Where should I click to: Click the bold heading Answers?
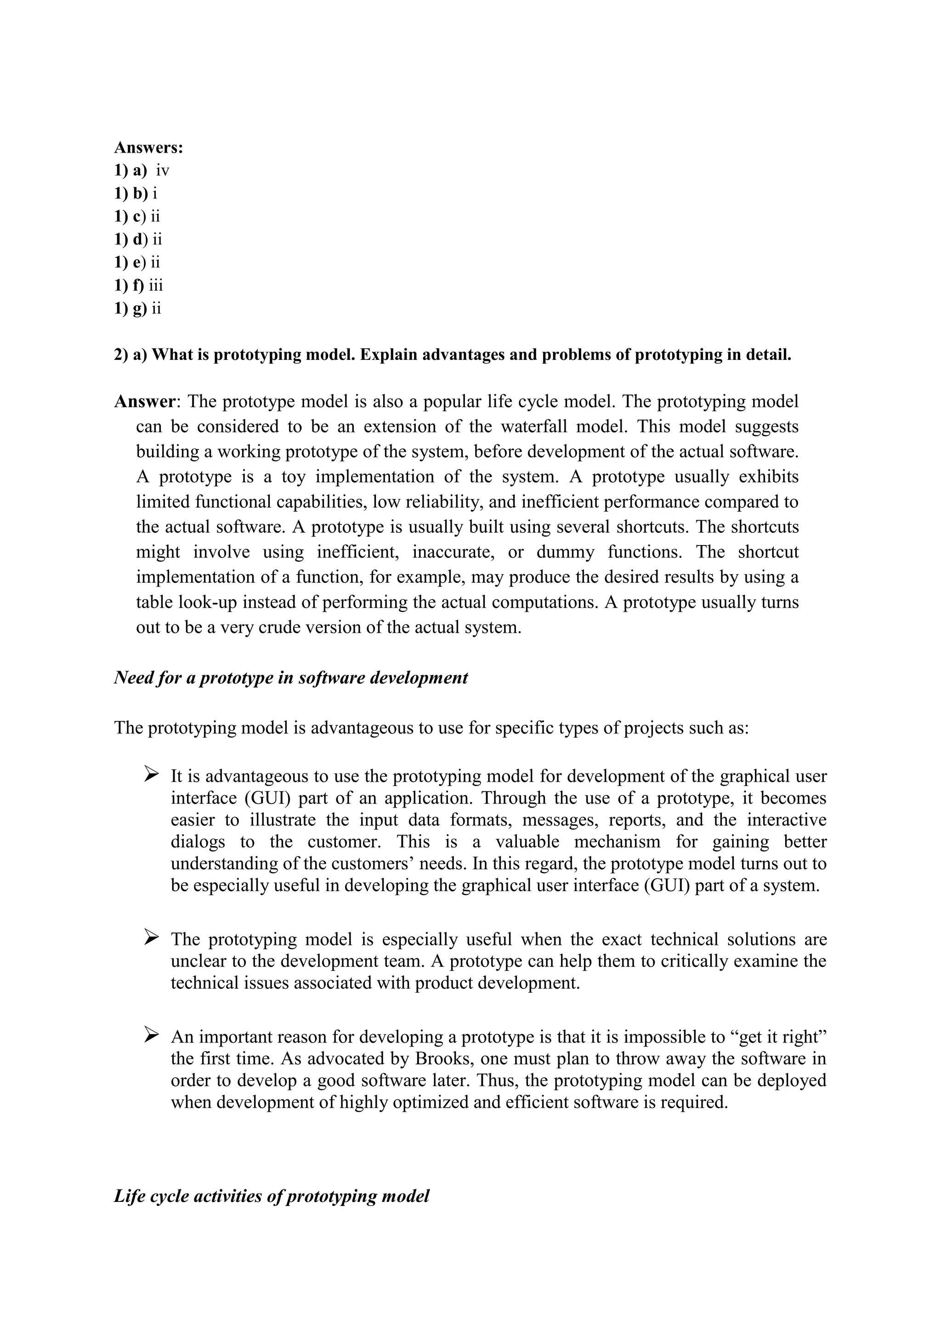point(148,148)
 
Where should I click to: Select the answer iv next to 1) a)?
point(162,171)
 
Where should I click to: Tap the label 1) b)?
point(131,193)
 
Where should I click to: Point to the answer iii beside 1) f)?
point(155,285)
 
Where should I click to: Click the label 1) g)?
point(130,308)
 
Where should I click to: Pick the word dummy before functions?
point(565,552)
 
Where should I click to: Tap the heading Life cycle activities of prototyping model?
point(271,1196)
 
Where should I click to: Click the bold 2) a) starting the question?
point(131,355)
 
